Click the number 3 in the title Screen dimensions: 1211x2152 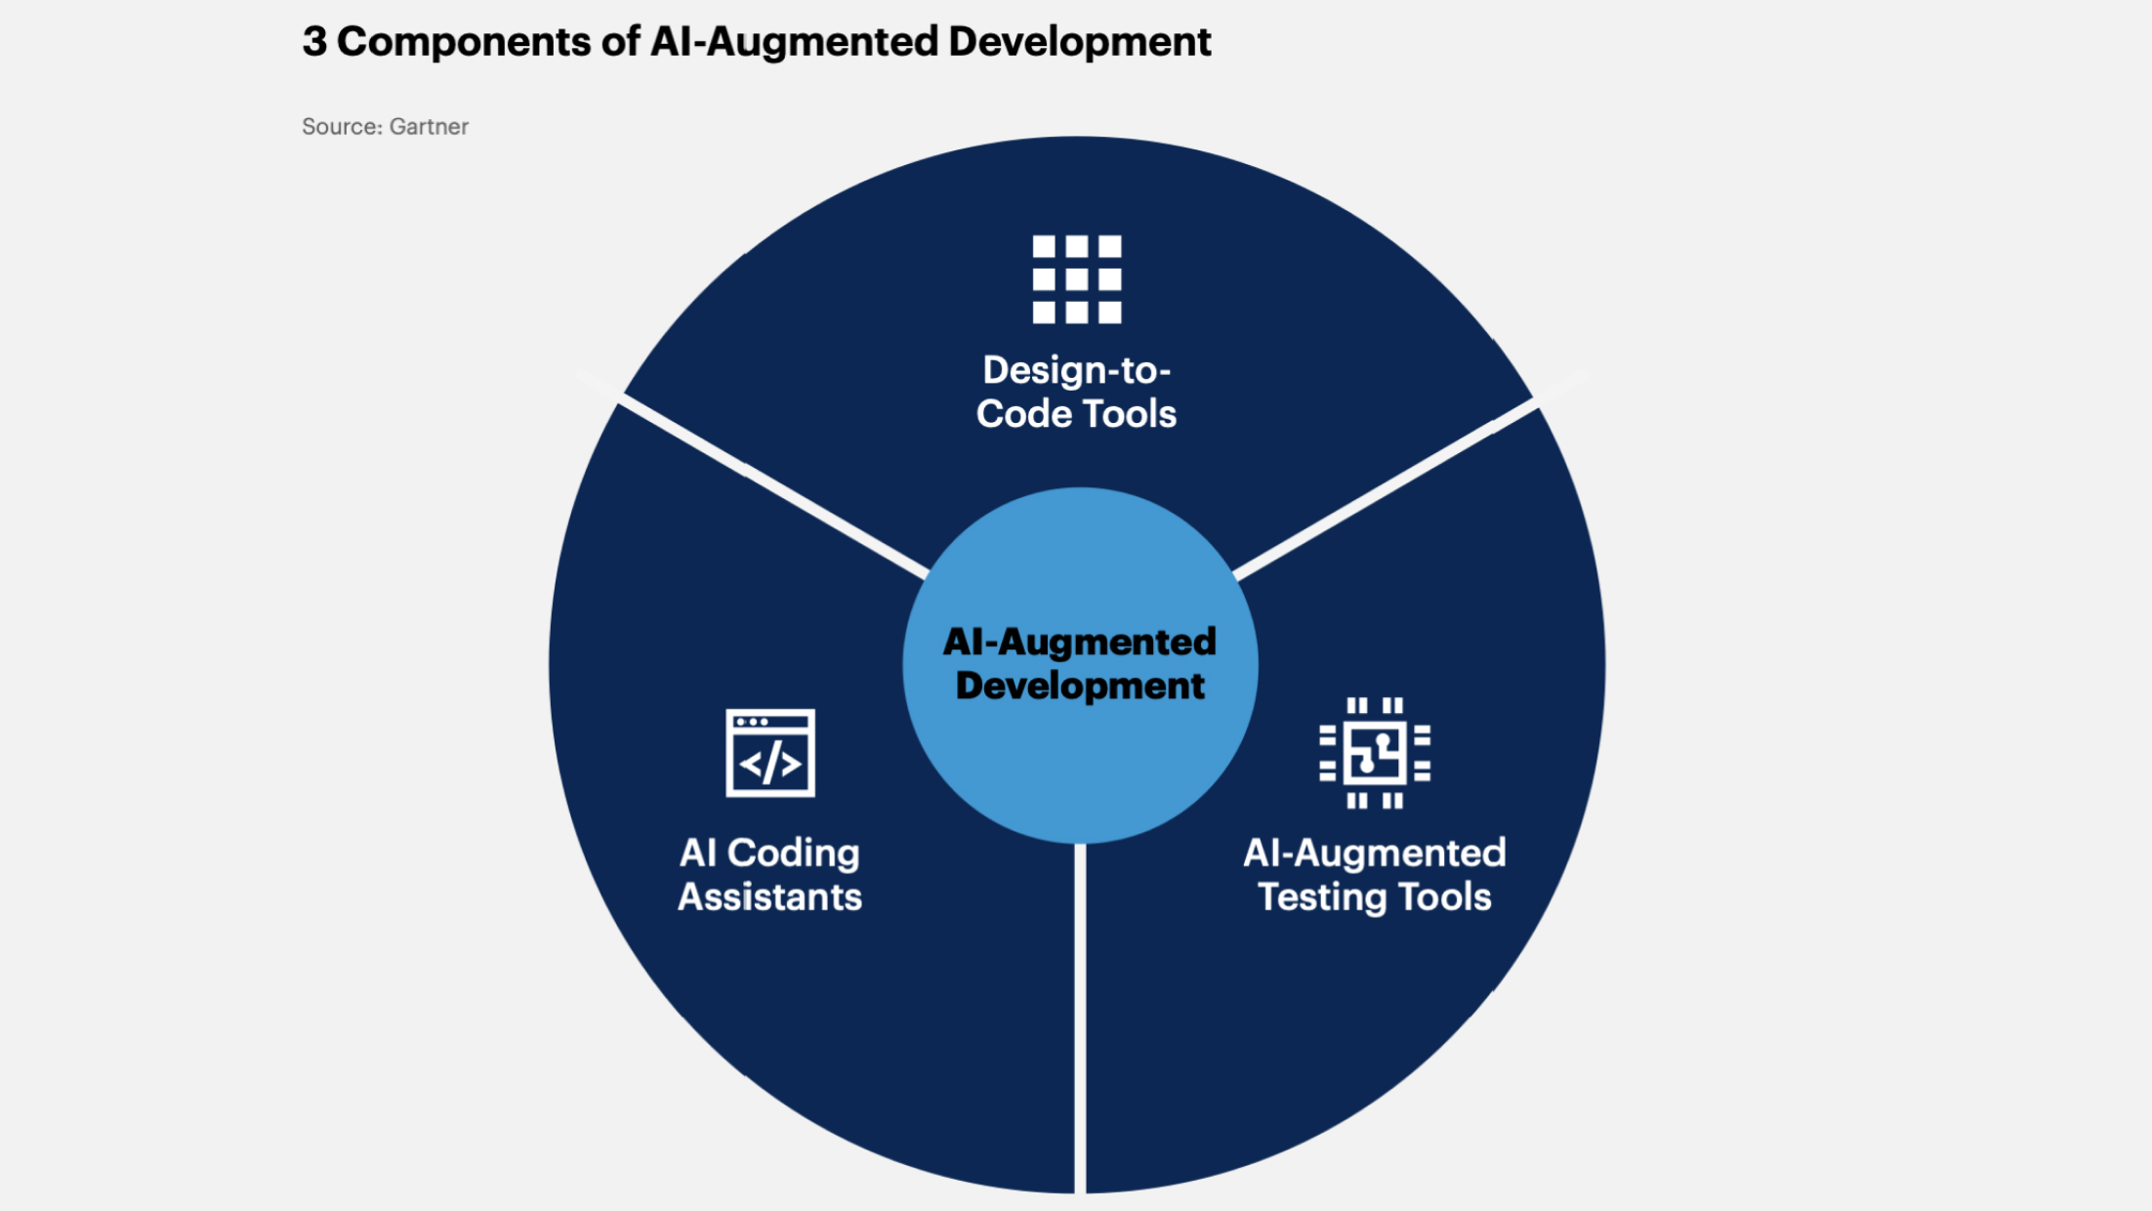click(314, 42)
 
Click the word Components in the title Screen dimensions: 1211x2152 click(465, 42)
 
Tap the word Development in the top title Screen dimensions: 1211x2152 click(1079, 42)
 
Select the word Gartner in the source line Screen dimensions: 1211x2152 click(429, 127)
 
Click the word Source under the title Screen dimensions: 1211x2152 click(341, 127)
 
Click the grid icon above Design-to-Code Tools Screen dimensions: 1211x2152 click(1077, 279)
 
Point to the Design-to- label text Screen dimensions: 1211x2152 click(1077, 370)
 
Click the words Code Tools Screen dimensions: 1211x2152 click(1077, 414)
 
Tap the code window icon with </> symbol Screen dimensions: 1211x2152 click(770, 753)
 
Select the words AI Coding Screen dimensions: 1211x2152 click(769, 854)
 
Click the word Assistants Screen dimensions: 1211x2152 click(769, 897)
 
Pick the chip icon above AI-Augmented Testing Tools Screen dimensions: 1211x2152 click(1375, 753)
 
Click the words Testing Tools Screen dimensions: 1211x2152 click(1375, 897)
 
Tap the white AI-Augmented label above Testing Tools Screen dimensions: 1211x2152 click(1375, 854)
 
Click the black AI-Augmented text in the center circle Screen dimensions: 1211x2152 click(1080, 642)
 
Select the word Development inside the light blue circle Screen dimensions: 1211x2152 click(1080, 686)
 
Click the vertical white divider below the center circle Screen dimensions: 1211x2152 click(1080, 1016)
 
